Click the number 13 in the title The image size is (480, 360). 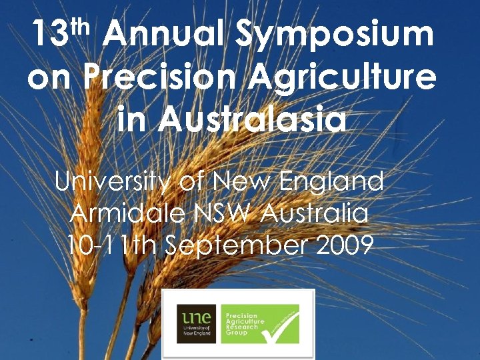[x=51, y=35]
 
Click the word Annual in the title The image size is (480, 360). [x=165, y=35]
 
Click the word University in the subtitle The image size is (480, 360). [x=115, y=181]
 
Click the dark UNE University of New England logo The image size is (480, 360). [x=195, y=323]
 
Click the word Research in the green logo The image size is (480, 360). [x=242, y=327]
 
